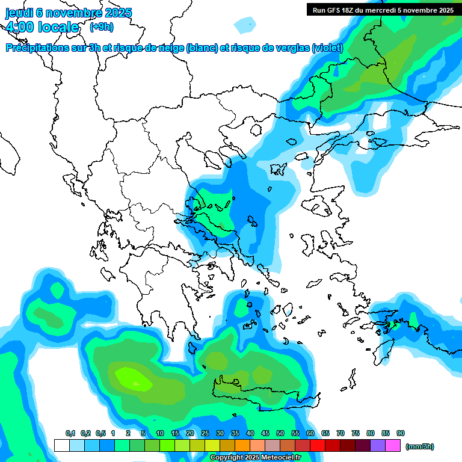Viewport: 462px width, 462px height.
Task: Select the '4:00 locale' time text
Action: click(x=42, y=27)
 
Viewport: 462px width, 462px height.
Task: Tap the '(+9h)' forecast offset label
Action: click(x=101, y=26)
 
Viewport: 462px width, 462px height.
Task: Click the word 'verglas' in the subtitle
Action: click(x=291, y=48)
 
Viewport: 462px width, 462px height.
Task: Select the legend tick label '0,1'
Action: click(x=70, y=433)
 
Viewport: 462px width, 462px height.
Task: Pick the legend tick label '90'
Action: click(x=401, y=433)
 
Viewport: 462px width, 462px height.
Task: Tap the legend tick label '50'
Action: click(x=280, y=433)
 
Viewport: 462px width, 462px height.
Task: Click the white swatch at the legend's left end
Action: click(x=61, y=445)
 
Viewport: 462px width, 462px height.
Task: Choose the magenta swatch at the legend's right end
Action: click(x=393, y=445)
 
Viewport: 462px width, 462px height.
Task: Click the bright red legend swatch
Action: click(x=318, y=445)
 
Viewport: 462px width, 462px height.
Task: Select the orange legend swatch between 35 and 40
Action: click(x=242, y=445)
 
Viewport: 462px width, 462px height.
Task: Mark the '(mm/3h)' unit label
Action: click(x=420, y=446)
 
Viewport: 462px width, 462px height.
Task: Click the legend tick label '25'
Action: click(x=205, y=433)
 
